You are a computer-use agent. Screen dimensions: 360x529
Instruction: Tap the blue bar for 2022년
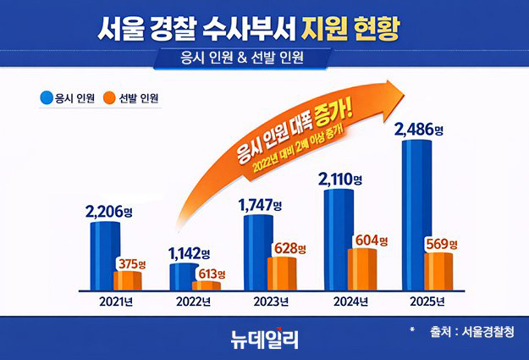[182, 276]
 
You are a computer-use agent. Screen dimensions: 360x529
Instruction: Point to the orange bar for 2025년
[438, 270]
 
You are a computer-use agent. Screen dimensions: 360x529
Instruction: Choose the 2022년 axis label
[194, 302]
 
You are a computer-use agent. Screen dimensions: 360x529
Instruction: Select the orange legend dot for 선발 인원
[109, 97]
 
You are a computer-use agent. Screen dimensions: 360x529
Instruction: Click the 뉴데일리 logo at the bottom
[264, 337]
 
